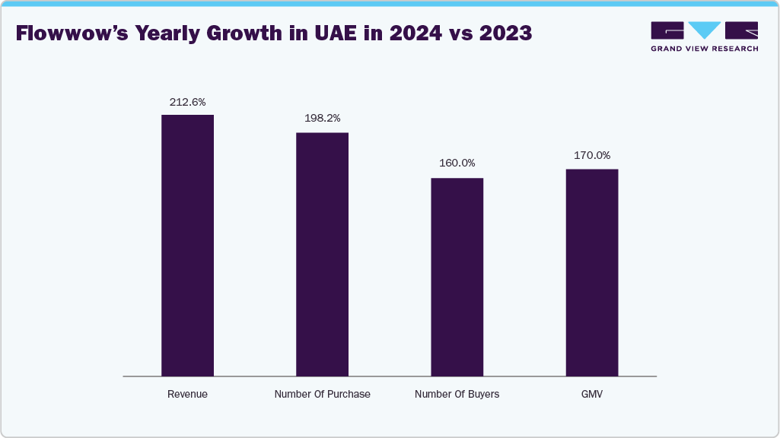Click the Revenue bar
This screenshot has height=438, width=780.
(187, 245)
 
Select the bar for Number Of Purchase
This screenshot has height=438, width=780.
(322, 254)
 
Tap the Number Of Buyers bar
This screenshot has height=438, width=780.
(457, 277)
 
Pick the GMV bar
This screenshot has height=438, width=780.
(592, 272)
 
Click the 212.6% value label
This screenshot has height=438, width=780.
(187, 101)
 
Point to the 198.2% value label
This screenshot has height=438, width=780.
(322, 119)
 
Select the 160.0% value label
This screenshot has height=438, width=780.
(457, 163)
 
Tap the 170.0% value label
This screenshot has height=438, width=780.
(592, 155)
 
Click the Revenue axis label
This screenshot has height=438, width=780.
(187, 395)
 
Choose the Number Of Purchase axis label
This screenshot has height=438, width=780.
(322, 395)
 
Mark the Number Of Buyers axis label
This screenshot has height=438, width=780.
(457, 395)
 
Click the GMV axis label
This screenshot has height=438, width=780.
(592, 395)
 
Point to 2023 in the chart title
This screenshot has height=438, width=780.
(505, 34)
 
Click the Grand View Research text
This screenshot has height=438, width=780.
(704, 49)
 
